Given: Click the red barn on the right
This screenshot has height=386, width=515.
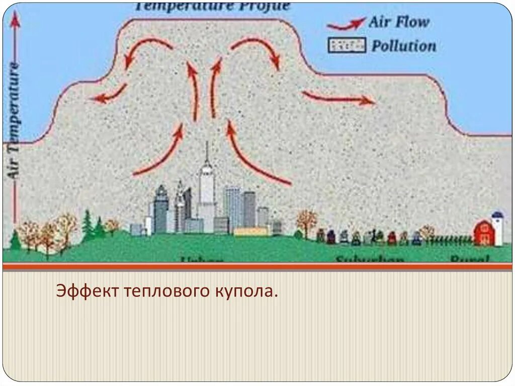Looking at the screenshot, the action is [x=484, y=233].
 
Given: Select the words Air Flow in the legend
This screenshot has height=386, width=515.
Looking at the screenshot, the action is [x=399, y=22].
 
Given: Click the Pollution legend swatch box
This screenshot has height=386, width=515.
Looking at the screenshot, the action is [x=347, y=46].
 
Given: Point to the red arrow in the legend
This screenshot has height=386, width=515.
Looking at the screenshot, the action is [x=346, y=24].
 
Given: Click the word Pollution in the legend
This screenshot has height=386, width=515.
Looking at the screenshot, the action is [x=403, y=46].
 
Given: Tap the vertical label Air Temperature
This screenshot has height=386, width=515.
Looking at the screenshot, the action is [x=14, y=121].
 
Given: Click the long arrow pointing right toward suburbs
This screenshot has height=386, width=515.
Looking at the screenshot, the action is [x=338, y=98].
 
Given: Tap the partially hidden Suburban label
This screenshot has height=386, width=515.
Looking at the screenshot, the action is [x=370, y=259].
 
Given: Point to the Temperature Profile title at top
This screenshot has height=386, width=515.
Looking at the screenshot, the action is [x=212, y=6].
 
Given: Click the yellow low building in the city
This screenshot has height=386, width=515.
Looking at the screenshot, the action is [x=251, y=231].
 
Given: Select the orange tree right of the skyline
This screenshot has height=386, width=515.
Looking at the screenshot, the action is [x=306, y=220].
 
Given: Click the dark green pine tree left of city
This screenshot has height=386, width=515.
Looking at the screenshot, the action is [x=89, y=225].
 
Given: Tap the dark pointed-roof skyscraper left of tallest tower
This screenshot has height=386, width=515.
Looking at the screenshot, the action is [x=160, y=209].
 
